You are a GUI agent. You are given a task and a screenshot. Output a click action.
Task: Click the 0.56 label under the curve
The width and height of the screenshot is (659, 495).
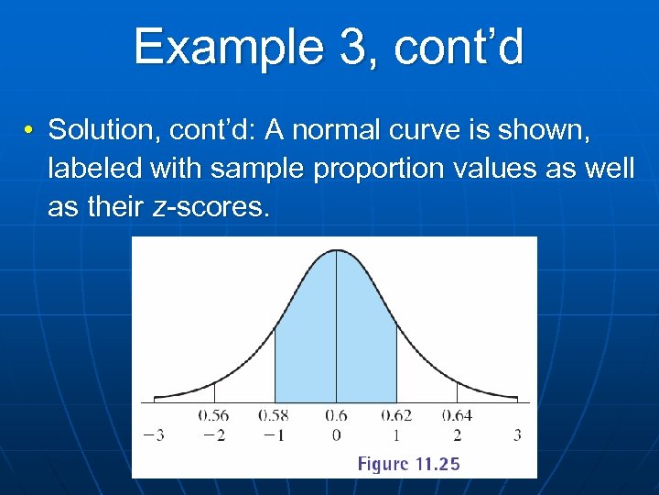(213, 416)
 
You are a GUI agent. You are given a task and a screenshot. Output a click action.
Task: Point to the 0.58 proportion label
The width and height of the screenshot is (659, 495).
(274, 416)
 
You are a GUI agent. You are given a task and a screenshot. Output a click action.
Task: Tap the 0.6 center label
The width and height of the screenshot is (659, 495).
(336, 416)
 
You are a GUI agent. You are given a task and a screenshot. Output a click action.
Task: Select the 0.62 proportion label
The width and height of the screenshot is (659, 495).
(395, 416)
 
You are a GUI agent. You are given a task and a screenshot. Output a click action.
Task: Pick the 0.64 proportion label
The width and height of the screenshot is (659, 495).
(457, 416)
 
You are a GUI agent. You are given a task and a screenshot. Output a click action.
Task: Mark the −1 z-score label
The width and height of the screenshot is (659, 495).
(274, 434)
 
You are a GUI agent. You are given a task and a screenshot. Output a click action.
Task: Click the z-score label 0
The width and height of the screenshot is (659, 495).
(336, 434)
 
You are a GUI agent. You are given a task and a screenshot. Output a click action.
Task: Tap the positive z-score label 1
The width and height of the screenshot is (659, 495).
(396, 434)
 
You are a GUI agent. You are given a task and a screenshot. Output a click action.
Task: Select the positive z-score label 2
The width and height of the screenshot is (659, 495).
(457, 434)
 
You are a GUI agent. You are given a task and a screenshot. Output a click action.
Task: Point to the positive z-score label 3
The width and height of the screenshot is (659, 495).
(517, 434)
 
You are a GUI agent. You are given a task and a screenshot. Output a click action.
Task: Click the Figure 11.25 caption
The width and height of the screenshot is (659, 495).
(408, 464)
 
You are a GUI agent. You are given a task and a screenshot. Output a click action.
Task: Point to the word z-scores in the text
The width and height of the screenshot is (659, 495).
(210, 207)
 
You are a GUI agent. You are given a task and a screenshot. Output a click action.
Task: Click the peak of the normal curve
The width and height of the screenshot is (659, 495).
(336, 250)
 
